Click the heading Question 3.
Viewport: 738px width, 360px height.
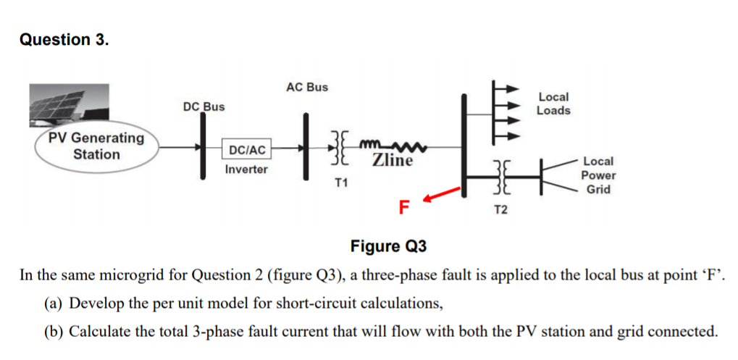(x=64, y=40)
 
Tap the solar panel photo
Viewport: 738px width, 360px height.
(x=69, y=105)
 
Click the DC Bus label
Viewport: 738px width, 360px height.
(x=204, y=106)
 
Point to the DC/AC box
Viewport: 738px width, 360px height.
(x=247, y=150)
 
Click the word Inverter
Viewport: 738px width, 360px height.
(x=246, y=169)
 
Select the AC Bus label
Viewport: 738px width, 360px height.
(x=306, y=87)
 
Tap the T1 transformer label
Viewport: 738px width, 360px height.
(x=340, y=183)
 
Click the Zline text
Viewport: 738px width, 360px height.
(x=393, y=160)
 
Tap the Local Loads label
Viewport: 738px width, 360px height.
(x=553, y=104)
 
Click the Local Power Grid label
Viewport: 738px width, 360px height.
(x=598, y=175)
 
